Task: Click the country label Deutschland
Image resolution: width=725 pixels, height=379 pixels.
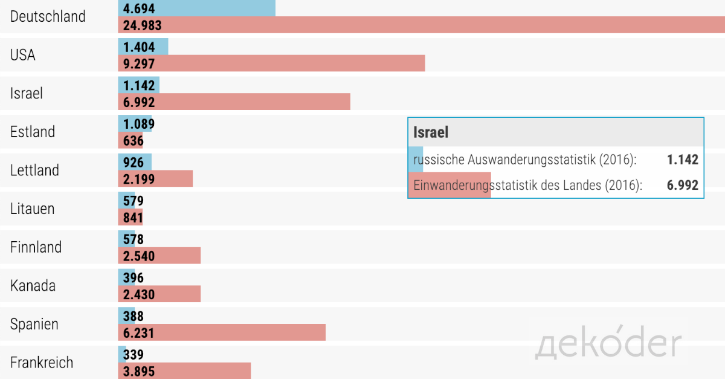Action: (x=48, y=16)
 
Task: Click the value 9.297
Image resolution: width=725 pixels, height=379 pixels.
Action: (x=139, y=63)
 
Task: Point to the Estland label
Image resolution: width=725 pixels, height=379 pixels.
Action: (x=33, y=132)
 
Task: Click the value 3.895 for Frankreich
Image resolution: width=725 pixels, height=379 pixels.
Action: (x=139, y=371)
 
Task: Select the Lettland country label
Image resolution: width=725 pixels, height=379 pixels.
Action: (x=34, y=170)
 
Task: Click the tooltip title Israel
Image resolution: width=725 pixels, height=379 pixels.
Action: (x=431, y=132)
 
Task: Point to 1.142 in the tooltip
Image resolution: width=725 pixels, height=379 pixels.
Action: (x=683, y=160)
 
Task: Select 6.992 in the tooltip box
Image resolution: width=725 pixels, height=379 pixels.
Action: (x=683, y=186)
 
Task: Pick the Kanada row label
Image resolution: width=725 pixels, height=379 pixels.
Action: (x=33, y=286)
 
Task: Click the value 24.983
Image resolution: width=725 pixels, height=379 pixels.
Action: (x=143, y=25)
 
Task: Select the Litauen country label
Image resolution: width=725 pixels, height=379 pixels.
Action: (x=32, y=209)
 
